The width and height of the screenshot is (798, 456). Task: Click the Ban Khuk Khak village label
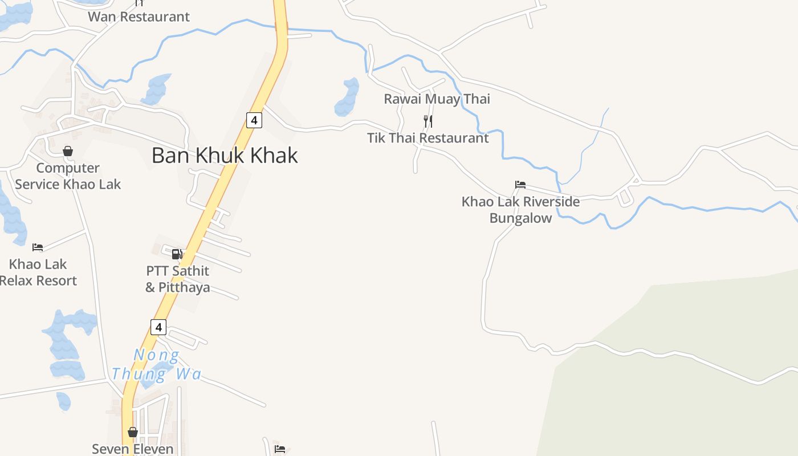point(225,156)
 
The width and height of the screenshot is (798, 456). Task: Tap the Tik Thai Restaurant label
point(427,138)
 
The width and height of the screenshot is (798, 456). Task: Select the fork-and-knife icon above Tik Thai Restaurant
point(428,121)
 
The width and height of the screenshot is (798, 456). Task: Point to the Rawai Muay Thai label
point(437,99)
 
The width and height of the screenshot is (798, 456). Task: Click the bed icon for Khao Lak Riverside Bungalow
point(520,185)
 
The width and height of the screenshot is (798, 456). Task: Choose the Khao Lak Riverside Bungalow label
point(520,210)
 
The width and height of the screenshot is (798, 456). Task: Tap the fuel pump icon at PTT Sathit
point(177,254)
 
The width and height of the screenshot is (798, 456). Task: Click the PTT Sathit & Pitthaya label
point(178,279)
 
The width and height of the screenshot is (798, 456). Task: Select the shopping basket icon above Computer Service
point(68,151)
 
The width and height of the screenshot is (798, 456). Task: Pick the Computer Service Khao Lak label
point(68,176)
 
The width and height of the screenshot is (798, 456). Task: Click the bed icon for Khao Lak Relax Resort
point(38,247)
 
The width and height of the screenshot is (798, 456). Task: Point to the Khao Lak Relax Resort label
point(38,272)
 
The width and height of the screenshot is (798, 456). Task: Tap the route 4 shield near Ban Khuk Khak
point(254,120)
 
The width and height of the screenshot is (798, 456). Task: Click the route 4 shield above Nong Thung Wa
point(158,327)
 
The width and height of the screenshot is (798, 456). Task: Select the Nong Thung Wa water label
point(156,365)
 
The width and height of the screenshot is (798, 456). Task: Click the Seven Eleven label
point(133,449)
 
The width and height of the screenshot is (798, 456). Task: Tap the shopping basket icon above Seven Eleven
point(133,432)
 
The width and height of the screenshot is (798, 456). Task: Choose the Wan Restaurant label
point(139,17)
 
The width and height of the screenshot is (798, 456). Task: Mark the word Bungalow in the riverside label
point(520,218)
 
